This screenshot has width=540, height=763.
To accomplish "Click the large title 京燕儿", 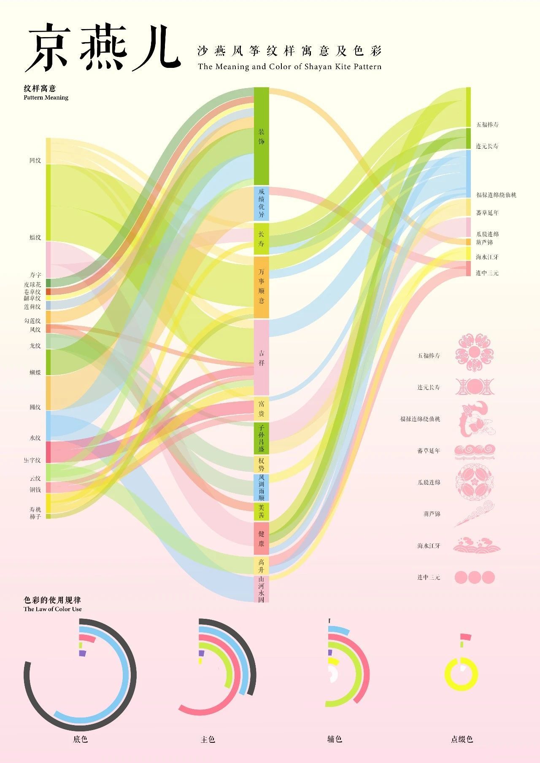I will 103,47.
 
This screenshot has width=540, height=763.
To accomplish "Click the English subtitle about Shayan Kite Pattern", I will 289,67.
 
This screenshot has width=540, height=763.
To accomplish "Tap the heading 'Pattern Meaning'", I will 46,98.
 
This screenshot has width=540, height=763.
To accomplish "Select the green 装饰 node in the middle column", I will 261,136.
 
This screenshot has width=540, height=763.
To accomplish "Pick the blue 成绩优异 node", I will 261,203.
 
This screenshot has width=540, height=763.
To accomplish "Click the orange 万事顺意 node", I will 261,287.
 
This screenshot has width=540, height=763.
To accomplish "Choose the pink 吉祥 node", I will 261,357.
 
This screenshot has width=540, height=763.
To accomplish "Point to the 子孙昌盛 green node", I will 261,438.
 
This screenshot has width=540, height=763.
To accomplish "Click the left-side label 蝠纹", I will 35,238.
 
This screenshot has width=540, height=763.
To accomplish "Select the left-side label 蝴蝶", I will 35,373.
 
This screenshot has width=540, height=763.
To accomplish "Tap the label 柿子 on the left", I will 35,516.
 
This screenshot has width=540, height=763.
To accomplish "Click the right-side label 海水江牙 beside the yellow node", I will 487,257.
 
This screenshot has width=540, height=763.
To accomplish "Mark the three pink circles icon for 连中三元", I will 475,577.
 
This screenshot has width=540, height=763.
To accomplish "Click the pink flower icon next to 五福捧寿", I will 475,353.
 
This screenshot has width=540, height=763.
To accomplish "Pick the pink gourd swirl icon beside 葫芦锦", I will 475,514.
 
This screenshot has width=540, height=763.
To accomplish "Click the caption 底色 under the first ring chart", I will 80,739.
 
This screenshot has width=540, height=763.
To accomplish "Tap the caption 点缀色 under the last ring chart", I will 462,739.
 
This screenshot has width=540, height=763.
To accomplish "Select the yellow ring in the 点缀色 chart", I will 462,687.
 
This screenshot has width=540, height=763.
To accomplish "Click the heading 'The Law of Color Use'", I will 53,609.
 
